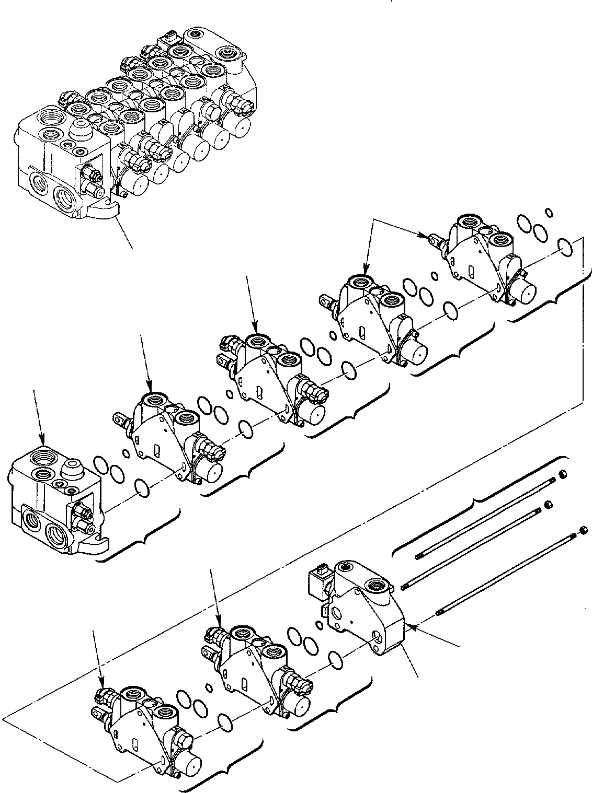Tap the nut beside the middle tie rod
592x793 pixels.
point(549,505)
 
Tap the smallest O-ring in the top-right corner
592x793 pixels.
point(549,212)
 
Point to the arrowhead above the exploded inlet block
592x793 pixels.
point(43,440)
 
